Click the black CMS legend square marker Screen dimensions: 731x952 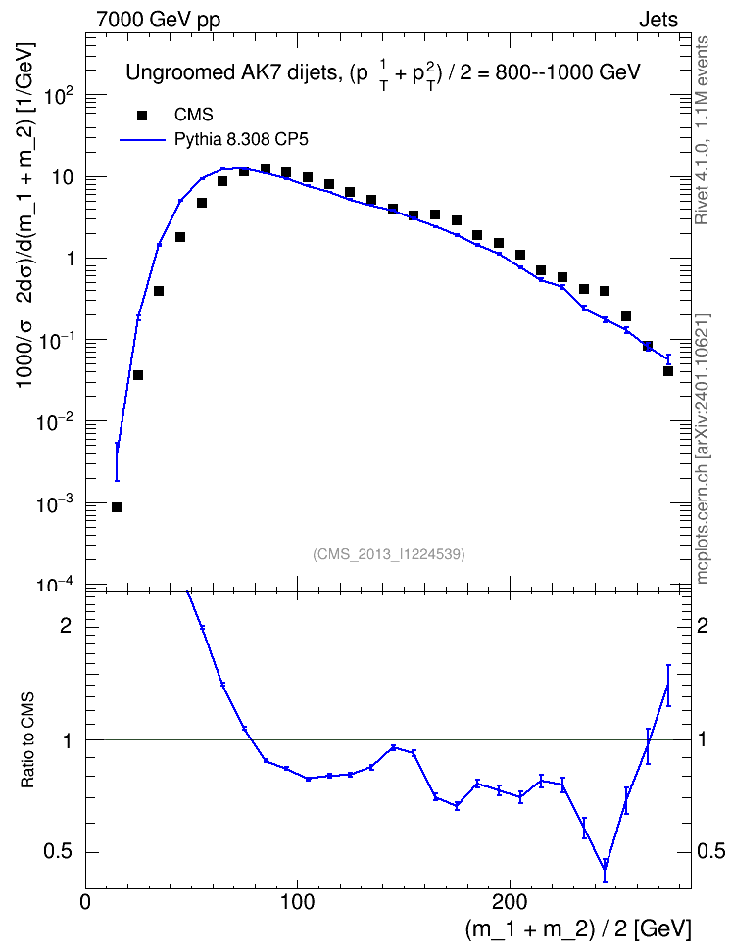pos(142,116)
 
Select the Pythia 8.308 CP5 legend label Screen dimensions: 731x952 pos(241,140)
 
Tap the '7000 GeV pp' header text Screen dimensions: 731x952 pos(159,20)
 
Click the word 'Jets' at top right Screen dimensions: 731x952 pos(658,20)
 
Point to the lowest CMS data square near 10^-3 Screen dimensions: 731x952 pos(117,507)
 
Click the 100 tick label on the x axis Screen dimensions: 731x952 pos(297,902)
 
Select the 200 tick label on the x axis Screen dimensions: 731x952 pos(509,902)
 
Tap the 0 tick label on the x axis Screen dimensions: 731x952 pos(85,902)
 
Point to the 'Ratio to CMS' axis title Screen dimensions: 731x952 pos(27,739)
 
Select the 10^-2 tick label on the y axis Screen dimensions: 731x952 pos(54,422)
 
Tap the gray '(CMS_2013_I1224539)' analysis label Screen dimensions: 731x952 pos(389,554)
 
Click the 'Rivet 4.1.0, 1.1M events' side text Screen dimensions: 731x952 pos(702,130)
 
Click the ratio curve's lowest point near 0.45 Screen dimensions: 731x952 pos(605,868)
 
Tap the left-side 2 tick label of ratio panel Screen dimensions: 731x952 pos(65,626)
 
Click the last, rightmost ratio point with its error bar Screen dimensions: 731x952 pos(668,686)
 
